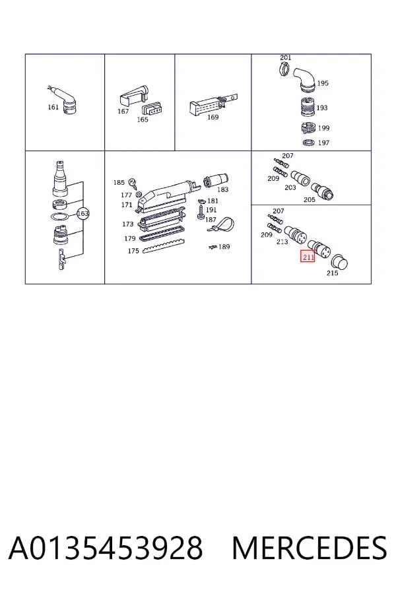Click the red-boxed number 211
308,257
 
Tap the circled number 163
82,214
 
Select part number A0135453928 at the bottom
106,548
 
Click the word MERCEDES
310,548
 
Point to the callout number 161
53,107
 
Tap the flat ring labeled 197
309,143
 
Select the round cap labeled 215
339,262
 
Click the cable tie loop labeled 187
222,224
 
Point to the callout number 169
213,117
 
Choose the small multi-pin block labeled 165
152,110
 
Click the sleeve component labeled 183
216,180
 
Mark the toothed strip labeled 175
164,247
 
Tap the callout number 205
310,199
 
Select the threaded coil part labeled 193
308,107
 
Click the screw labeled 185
133,183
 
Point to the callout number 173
127,224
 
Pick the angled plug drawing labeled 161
65,99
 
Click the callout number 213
282,242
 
